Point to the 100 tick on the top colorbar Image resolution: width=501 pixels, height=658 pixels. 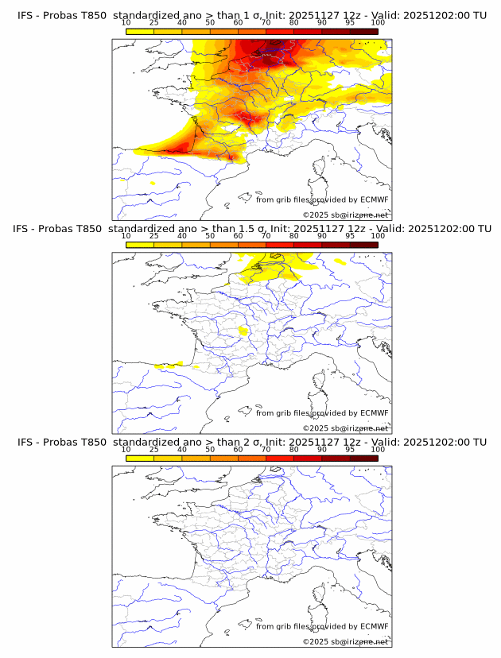(x=377, y=22)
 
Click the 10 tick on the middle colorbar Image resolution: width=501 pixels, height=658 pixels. (x=126, y=236)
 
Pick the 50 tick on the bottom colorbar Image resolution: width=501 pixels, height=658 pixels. (x=210, y=449)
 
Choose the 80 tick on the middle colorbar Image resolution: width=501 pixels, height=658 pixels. (x=294, y=236)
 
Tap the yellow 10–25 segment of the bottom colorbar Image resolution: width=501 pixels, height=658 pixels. (x=140, y=458)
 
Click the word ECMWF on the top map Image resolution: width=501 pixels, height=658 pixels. (x=374, y=199)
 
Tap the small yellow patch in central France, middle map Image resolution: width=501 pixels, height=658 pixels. (x=244, y=330)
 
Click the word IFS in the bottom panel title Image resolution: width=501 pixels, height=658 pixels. (x=25, y=442)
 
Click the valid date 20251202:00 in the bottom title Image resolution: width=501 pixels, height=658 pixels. (x=441, y=442)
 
